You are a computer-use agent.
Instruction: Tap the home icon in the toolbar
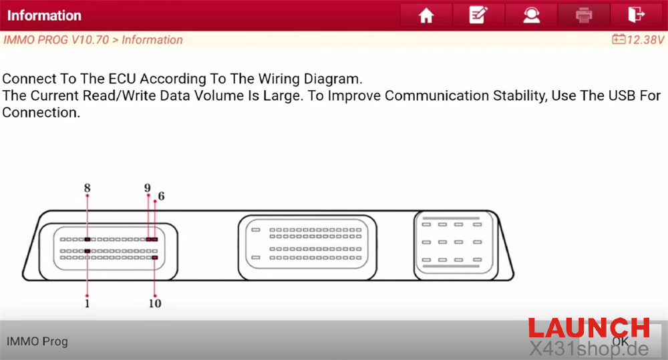point(426,16)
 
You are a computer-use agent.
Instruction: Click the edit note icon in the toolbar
point(478,15)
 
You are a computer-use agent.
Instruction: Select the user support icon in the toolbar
point(531,15)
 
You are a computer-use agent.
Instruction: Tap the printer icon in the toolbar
point(584,15)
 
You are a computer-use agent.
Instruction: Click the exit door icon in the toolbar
point(636,15)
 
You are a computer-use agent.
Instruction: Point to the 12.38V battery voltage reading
point(638,39)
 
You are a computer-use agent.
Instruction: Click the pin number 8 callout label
point(88,188)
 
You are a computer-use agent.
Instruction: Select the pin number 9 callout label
point(148,188)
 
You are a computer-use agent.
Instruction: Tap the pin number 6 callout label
point(161,196)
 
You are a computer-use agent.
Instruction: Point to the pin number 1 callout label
point(87,303)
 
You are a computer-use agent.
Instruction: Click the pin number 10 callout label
point(155,303)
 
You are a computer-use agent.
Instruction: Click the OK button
point(621,341)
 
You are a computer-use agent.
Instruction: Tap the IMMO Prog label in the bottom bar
point(37,341)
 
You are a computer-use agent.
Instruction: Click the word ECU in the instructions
point(122,79)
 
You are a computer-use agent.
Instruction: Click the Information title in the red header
point(44,15)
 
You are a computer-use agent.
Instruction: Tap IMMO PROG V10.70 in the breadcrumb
point(56,39)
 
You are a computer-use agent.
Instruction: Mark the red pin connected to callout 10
point(155,258)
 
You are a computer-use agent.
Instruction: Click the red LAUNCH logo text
point(589,328)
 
